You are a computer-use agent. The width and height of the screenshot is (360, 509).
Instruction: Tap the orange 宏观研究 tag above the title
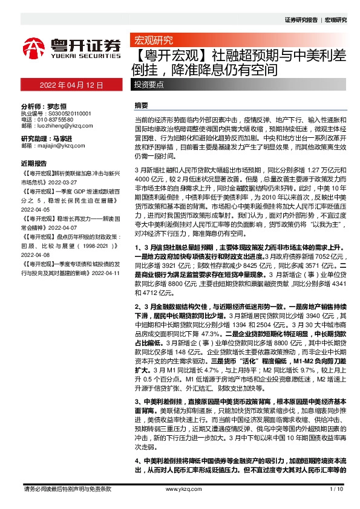153,41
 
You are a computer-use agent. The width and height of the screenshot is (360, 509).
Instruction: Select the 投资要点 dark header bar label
149,85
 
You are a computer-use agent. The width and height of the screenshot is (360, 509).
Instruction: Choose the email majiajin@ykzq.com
59,146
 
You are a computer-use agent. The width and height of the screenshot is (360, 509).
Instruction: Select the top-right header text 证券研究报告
301,20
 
